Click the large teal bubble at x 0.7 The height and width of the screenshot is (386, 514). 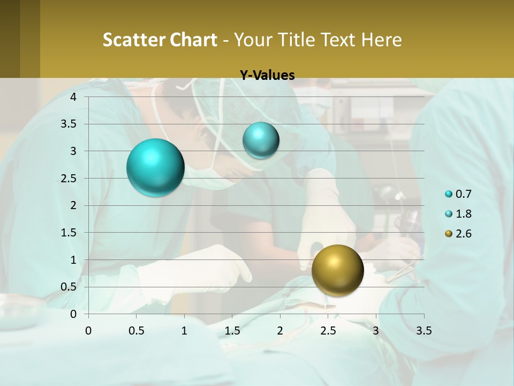[x=156, y=167]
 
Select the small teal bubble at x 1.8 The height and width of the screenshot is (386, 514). [x=261, y=140]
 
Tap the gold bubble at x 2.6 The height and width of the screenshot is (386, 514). [x=337, y=270]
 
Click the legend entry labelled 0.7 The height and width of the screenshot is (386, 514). [x=459, y=194]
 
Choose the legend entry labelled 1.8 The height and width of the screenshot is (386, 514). [x=459, y=214]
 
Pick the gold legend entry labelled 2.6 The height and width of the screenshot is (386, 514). [x=459, y=234]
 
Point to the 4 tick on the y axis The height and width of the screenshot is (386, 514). [x=73, y=97]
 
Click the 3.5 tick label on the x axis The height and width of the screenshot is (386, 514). [x=424, y=331]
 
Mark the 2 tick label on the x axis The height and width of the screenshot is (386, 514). [x=280, y=331]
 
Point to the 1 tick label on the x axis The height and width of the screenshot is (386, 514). [x=184, y=331]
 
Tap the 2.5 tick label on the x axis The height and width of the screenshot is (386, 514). [x=328, y=331]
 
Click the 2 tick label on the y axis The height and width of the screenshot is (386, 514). [x=73, y=205]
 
